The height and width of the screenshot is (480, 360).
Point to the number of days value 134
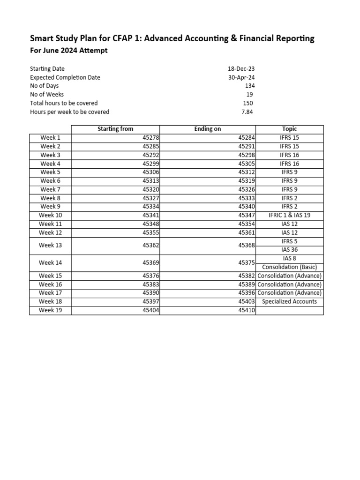[249, 86]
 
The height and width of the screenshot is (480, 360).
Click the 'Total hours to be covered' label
[64, 103]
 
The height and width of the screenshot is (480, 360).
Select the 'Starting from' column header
[115, 129]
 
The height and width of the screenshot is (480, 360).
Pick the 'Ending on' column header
[207, 129]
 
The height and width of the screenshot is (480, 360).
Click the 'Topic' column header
[289, 129]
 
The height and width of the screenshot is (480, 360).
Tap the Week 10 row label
[50, 216]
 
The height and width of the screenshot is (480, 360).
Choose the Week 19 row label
[50, 310]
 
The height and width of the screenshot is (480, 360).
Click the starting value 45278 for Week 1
[150, 138]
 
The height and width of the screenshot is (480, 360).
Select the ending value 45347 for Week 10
[246, 216]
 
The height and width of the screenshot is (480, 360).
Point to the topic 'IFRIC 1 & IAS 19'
[289, 216]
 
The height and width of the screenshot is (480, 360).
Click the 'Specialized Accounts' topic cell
[289, 302]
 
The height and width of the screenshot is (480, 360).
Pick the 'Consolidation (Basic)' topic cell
[289, 267]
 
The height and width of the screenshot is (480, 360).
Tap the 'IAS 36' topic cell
[289, 250]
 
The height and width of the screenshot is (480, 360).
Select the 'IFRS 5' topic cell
[289, 241]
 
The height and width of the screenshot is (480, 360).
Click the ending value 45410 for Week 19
[246, 310]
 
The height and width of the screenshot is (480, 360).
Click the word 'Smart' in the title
[41, 38]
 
